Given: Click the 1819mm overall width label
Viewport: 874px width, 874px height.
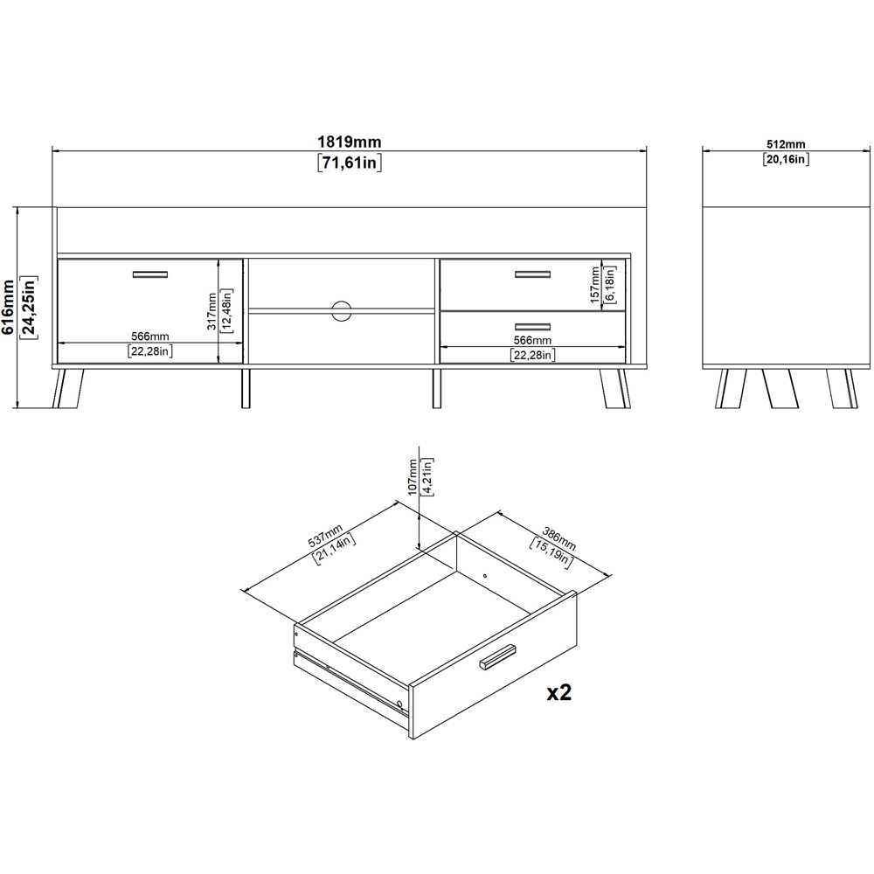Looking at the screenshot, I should [x=349, y=142].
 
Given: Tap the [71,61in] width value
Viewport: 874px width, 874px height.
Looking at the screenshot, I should [x=349, y=163].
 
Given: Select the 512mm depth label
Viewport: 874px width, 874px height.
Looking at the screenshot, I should [x=785, y=143].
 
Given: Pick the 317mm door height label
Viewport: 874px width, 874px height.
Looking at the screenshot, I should [x=212, y=309].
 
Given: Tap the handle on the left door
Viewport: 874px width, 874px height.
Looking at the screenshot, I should [x=149, y=275].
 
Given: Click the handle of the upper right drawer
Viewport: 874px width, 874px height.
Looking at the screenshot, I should [x=532, y=275].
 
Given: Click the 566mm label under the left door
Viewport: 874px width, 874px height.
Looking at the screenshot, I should [x=150, y=336].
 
